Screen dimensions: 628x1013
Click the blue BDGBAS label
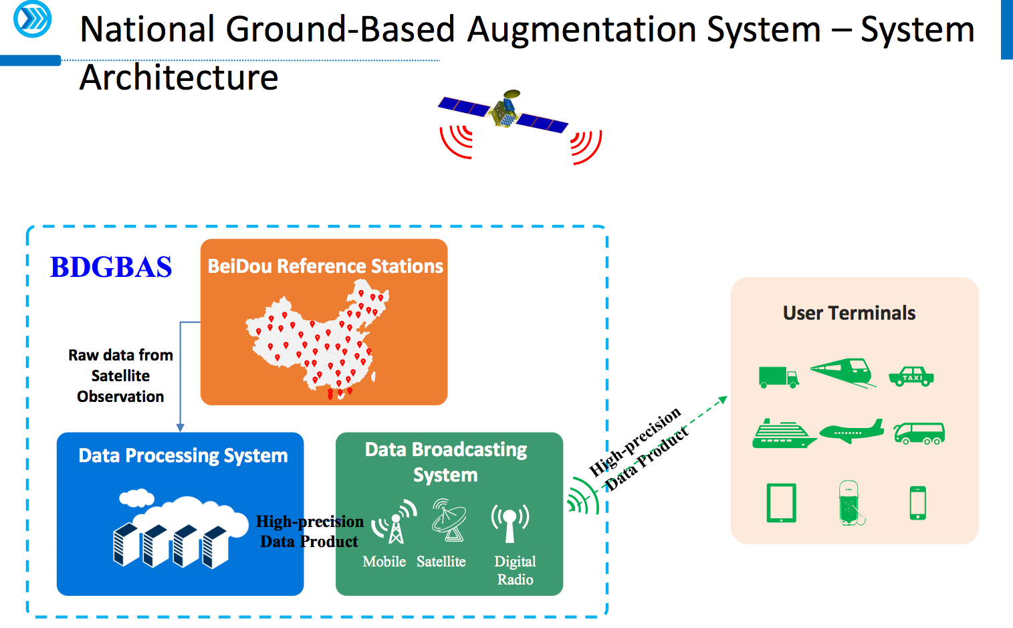point(111,267)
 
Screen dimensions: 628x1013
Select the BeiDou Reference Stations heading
point(325,266)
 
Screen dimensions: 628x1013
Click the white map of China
point(318,341)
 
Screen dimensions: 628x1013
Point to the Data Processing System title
point(183,455)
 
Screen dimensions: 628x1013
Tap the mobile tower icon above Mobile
point(395,522)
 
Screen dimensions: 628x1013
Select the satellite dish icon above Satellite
point(449,520)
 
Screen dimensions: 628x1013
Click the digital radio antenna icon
point(510,522)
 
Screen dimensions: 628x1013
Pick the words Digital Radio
point(515,570)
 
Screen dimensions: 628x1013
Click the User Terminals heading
point(849,313)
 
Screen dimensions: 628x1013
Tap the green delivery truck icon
point(778,377)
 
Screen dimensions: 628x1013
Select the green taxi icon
point(911,377)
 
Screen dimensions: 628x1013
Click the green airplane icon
point(851,432)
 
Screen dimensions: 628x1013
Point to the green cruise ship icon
point(783,434)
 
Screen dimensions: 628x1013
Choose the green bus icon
point(919,433)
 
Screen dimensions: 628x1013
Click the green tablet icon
point(781,503)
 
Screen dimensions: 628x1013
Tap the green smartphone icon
point(918,503)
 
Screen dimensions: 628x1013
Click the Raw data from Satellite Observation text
point(120,376)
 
